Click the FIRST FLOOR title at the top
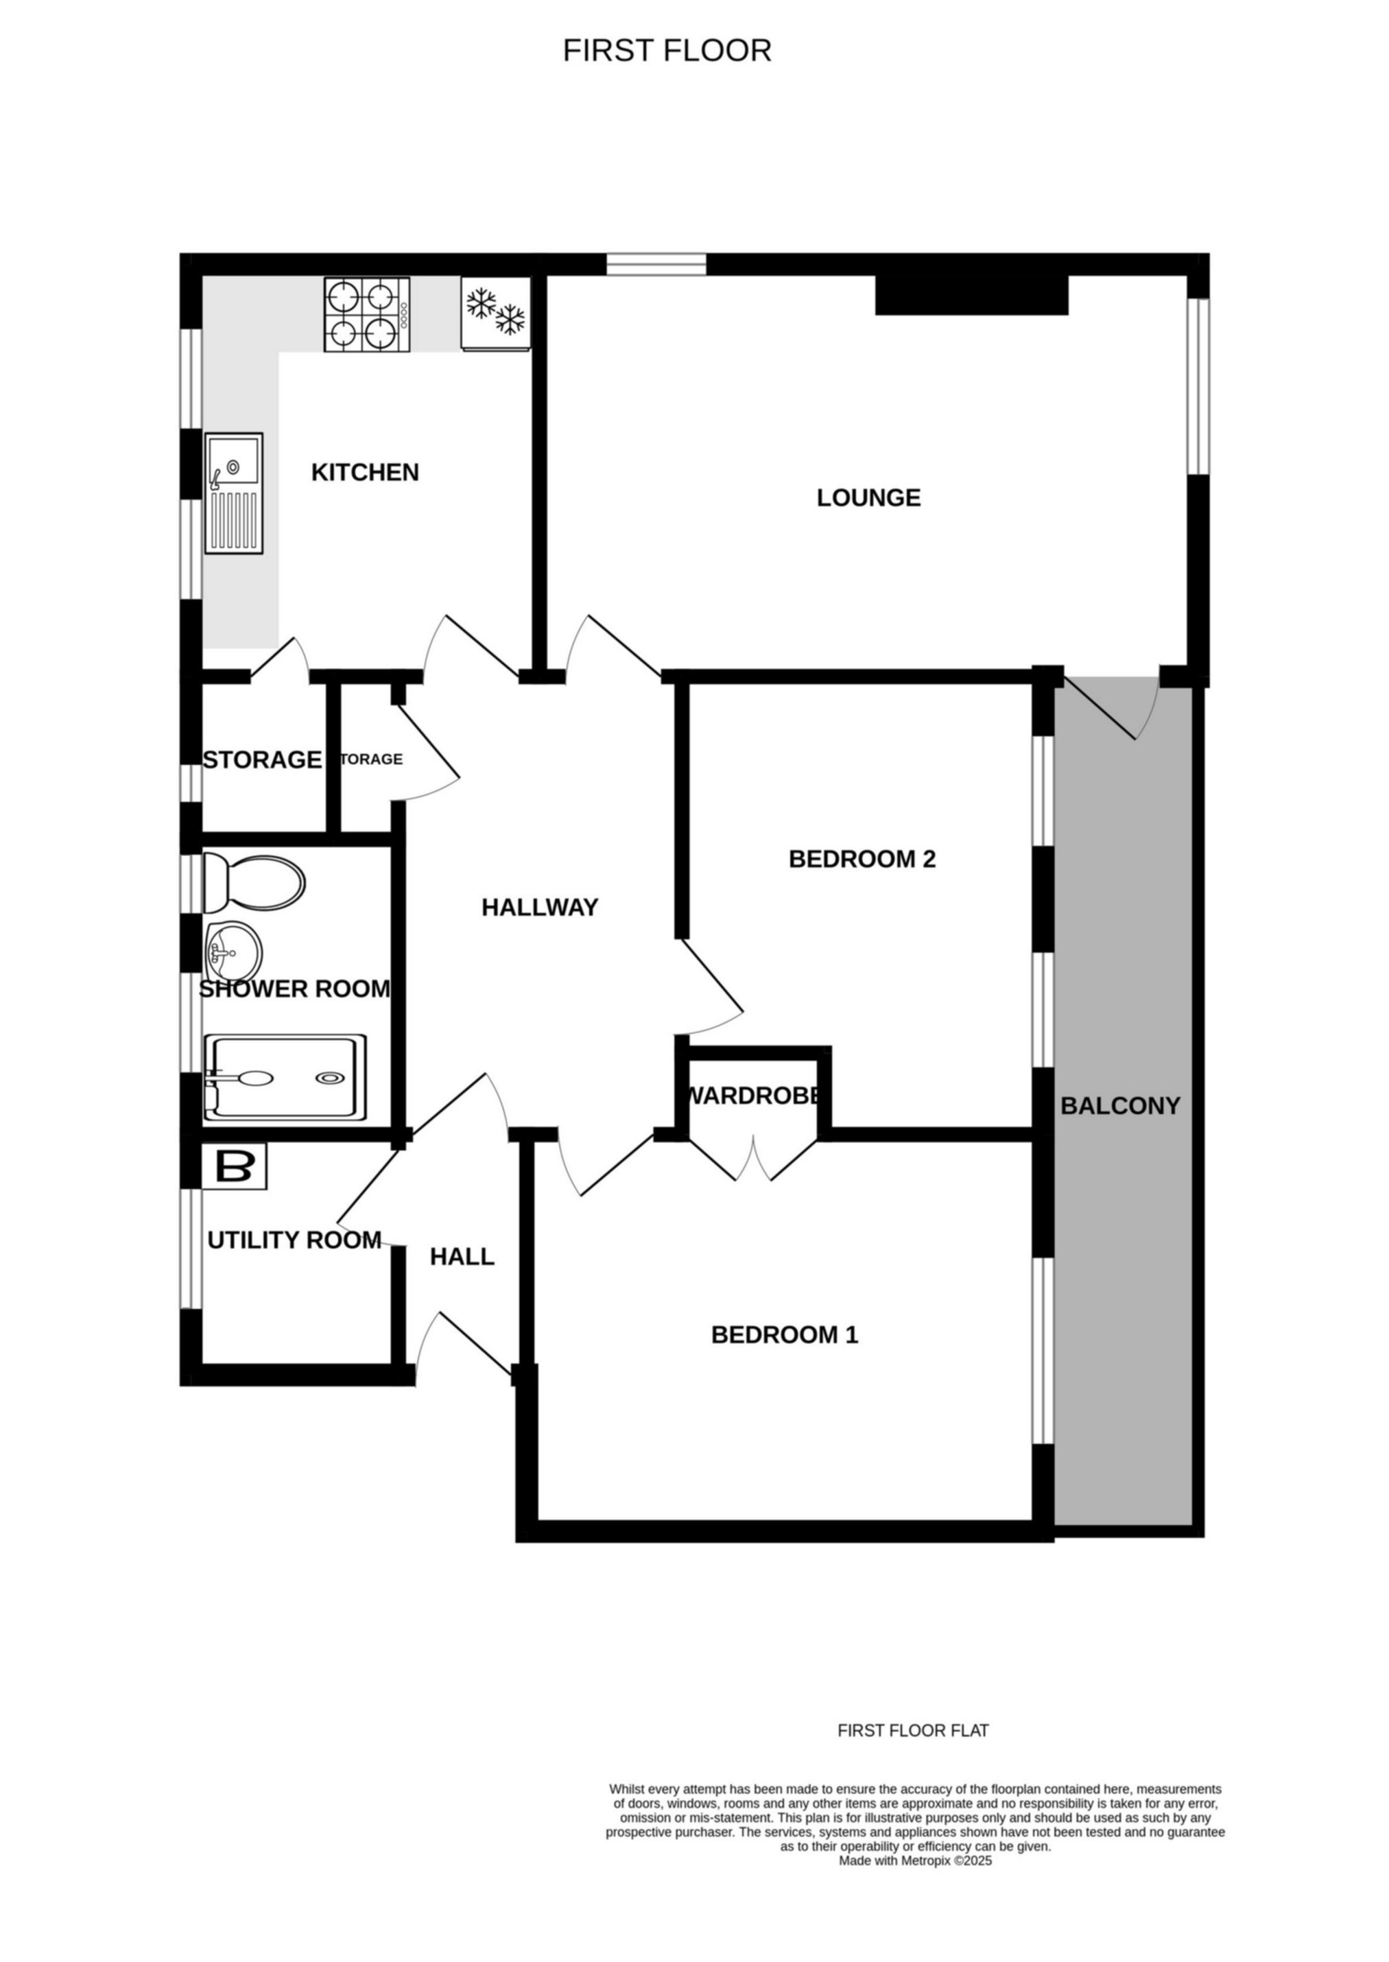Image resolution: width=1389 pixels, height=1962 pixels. point(667,51)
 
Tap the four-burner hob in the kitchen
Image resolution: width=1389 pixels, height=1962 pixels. point(366,315)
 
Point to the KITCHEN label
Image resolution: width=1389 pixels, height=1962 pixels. point(365,472)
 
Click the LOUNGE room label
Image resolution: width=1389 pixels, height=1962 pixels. point(869,498)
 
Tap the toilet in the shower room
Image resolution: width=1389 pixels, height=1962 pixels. point(254,884)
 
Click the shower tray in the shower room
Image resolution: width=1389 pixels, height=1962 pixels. point(285,1078)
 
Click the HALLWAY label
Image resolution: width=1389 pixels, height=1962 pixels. point(540,908)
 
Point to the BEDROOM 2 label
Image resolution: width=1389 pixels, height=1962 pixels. point(862,859)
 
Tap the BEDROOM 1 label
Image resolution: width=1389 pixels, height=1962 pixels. point(784,1334)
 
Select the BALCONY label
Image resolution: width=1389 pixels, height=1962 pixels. point(1120,1106)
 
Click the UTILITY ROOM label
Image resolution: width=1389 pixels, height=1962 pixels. point(294,1240)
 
